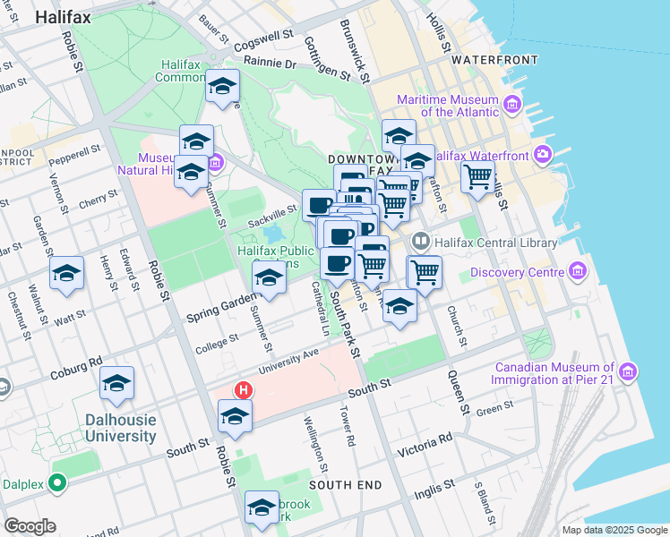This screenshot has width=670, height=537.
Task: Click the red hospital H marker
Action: tap(242, 390)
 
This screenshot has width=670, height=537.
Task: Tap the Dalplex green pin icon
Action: tap(59, 484)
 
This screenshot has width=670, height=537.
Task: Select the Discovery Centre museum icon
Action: tap(578, 271)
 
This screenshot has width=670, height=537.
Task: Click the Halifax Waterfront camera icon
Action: tap(542, 155)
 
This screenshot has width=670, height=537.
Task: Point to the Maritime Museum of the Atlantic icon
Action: tap(512, 105)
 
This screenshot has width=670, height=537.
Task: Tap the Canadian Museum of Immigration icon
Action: tap(628, 371)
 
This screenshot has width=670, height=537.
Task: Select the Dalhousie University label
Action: tap(120, 428)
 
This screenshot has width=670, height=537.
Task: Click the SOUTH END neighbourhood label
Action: tap(346, 485)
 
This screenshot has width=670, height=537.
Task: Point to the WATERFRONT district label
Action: tap(494, 60)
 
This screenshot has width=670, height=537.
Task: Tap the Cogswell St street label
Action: tap(263, 40)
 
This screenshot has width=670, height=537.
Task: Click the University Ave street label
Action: tap(289, 362)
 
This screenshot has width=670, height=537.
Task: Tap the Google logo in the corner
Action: tap(30, 526)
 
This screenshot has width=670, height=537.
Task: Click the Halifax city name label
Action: tap(62, 40)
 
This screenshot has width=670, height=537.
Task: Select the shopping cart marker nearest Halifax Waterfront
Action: tap(478, 175)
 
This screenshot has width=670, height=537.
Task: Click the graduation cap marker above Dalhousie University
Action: tap(117, 383)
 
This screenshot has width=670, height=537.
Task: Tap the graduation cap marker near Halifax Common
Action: tap(222, 86)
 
